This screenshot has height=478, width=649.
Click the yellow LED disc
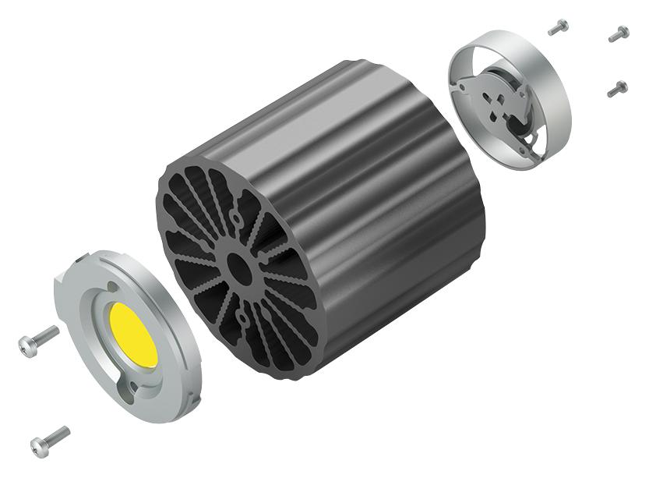pyautogui.click(x=133, y=334)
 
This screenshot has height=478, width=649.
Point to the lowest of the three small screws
pyautogui.click(x=617, y=89)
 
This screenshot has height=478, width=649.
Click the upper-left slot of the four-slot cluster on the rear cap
pyautogui.click(x=487, y=97)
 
